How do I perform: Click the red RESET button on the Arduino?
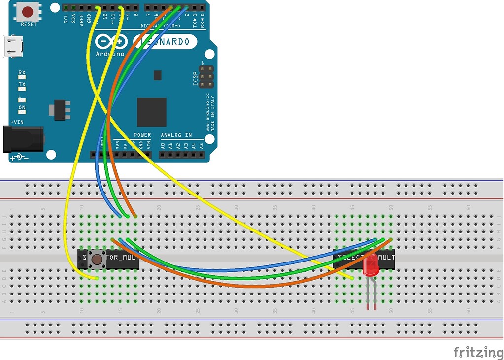(x=28, y=11)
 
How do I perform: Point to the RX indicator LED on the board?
(x=22, y=77)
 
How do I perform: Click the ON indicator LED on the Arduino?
(x=22, y=112)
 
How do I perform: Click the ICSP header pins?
(x=207, y=77)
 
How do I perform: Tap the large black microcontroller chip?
(x=151, y=112)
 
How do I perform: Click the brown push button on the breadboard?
(x=97, y=259)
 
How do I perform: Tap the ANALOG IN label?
(x=176, y=135)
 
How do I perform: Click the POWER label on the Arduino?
(x=142, y=135)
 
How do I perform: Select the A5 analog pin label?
(x=202, y=146)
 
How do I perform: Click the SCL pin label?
(x=66, y=19)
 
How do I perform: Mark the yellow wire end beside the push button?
(x=97, y=278)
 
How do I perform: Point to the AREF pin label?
(x=81, y=19)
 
